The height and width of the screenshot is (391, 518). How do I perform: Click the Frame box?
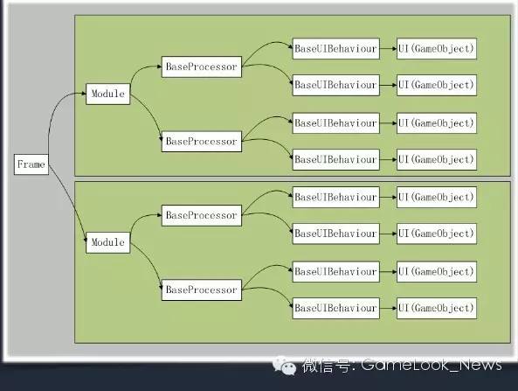(31, 164)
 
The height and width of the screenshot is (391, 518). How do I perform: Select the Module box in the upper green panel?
(107, 94)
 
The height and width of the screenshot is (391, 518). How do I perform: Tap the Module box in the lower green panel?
(107, 242)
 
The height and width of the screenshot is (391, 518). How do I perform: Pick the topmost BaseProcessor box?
(202, 66)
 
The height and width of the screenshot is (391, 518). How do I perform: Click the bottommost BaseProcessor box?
(202, 290)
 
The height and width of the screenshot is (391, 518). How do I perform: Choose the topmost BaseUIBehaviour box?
(336, 49)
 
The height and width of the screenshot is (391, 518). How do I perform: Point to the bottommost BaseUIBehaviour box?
(336, 308)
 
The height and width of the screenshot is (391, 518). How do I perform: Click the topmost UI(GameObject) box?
(437, 49)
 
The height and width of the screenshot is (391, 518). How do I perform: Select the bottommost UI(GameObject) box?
(437, 308)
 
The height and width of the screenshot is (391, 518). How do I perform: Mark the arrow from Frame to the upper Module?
(53, 113)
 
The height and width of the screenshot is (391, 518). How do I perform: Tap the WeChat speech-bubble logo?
(284, 366)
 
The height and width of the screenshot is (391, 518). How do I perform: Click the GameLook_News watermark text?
(432, 365)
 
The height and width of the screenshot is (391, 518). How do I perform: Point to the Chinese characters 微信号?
(326, 366)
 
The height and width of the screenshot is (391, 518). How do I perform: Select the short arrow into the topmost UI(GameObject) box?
(388, 49)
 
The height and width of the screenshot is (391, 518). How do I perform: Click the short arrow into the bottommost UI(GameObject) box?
(388, 308)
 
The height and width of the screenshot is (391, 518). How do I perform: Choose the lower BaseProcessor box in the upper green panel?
(202, 142)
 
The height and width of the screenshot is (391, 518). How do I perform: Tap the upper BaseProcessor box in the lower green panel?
(202, 215)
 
